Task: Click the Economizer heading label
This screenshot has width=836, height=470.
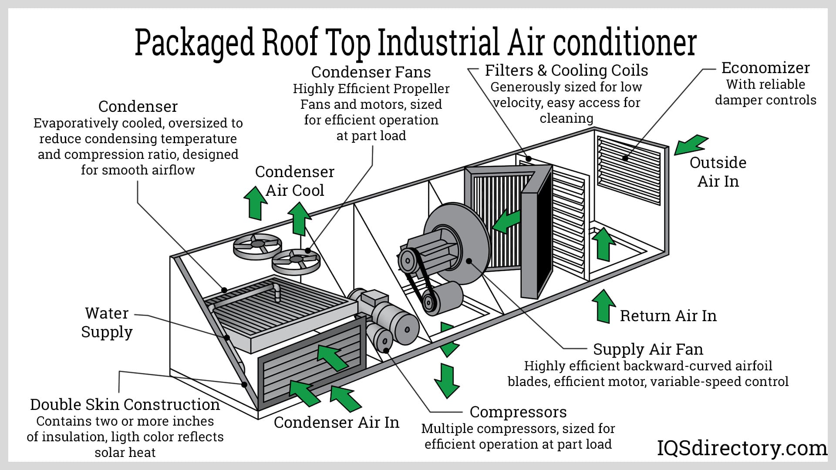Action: pos(765,68)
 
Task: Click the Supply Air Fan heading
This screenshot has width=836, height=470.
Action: pos(648,349)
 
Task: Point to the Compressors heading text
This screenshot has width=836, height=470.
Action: pos(518,412)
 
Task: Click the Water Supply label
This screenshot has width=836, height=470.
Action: pos(107,322)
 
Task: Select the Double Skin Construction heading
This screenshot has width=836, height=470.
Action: pos(125,405)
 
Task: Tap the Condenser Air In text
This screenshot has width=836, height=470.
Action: pos(336,423)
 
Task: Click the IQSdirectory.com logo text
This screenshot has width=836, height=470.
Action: pos(742,448)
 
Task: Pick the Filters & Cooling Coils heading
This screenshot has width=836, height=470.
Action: pos(566,70)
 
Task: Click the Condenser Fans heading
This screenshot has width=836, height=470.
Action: pos(371,72)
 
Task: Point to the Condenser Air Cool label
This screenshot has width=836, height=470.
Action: pos(295,181)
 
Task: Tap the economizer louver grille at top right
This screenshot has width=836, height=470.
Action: pos(629,170)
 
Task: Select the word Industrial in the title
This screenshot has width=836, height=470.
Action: pos(438,42)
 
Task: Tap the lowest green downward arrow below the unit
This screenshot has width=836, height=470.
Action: pos(446,380)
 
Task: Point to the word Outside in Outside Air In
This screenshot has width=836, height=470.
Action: pos(718,163)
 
